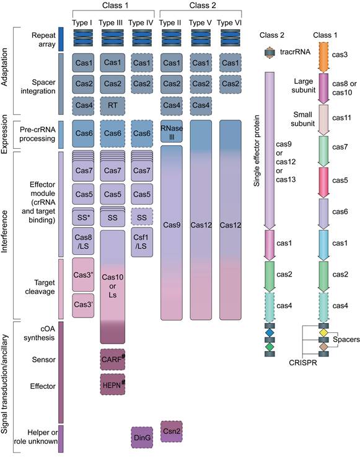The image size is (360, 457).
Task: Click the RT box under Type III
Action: (112, 106)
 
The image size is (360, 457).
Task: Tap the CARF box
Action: (113, 359)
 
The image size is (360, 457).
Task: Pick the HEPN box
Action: (113, 385)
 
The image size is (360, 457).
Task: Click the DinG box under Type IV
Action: (143, 437)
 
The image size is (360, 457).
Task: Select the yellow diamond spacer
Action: (323, 332)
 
